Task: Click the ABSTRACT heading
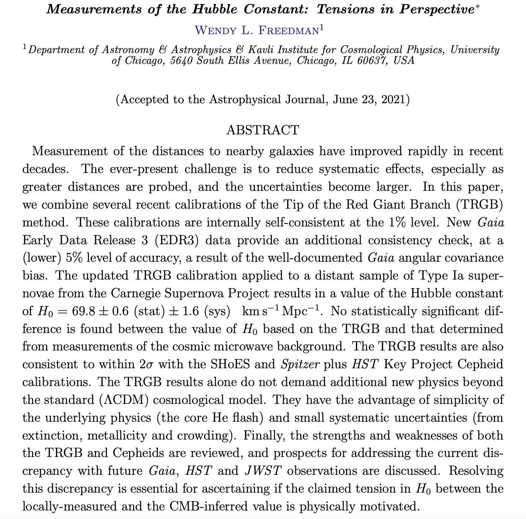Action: tap(263, 130)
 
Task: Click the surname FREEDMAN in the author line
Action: tap(288, 30)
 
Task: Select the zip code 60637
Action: tap(372, 60)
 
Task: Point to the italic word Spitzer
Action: tap(300, 364)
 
